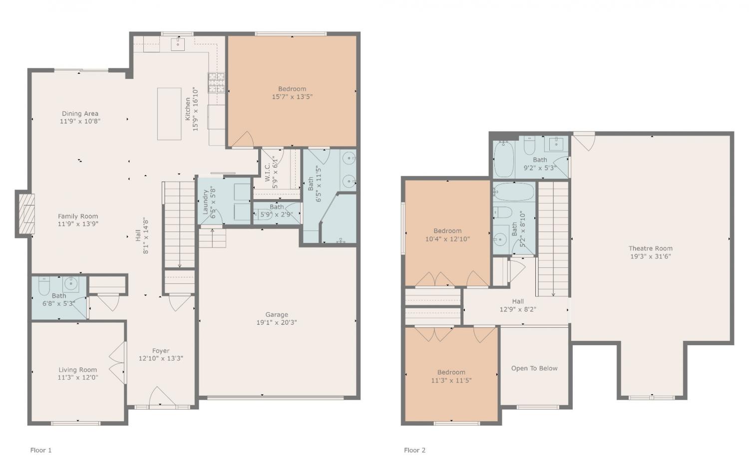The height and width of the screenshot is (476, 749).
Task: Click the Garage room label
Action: tap(277, 314)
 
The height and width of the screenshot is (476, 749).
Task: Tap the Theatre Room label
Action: tap(650, 248)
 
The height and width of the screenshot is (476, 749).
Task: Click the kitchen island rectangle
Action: tap(169, 114)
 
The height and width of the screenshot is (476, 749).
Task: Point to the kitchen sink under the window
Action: tap(178, 44)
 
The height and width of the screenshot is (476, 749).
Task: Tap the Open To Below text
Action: tap(534, 368)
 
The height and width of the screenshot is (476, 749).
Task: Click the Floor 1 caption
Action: tap(41, 450)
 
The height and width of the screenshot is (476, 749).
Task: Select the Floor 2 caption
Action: tap(414, 450)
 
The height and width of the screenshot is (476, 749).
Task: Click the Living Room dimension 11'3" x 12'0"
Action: tap(77, 378)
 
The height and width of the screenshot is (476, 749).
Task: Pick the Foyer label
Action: tap(161, 350)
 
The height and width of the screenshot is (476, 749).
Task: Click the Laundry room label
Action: tap(205, 202)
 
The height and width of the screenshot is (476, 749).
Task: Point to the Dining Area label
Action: tap(80, 113)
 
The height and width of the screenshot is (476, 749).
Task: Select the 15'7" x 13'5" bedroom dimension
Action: tap(292, 97)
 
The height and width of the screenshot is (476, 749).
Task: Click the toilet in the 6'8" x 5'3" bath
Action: tap(44, 286)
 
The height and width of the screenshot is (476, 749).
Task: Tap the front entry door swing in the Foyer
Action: tap(162, 397)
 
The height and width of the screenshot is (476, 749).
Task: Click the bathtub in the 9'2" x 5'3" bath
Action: tap(503, 159)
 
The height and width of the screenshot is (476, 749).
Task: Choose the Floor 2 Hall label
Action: tap(518, 301)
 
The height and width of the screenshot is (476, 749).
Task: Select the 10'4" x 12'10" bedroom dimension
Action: tap(447, 239)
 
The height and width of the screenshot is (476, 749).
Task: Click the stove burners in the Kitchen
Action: tap(216, 82)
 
